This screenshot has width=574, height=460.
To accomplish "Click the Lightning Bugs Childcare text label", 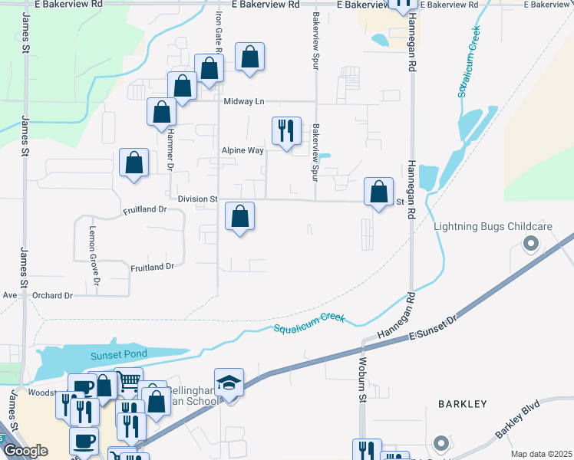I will [x=493, y=227].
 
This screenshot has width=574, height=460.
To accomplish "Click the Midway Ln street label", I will [x=244, y=101].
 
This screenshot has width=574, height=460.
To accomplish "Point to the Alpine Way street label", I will [x=242, y=150].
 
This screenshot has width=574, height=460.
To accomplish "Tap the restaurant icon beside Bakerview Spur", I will [x=286, y=131].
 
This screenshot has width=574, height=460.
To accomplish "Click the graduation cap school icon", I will [x=229, y=382].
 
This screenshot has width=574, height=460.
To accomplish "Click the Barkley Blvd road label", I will [x=517, y=419].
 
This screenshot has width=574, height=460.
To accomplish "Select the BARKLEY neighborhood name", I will [x=462, y=403].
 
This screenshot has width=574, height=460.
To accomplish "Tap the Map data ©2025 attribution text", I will [x=541, y=454].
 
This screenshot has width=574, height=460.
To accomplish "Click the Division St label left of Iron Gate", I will [x=197, y=199].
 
